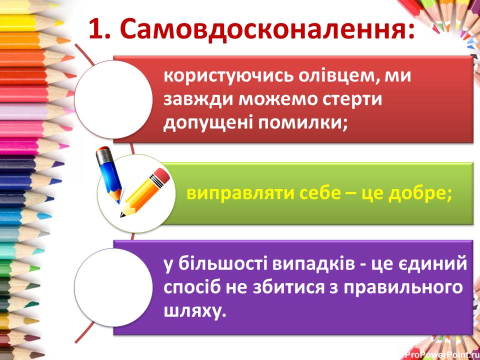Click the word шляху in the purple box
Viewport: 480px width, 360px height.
pos(191,310)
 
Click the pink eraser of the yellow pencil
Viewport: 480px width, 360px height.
pos(161,176)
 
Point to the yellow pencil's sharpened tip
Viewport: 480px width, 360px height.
pos(122,215)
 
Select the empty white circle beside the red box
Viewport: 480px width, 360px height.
pos(113,99)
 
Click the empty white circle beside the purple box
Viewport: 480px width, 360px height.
pos(113,287)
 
